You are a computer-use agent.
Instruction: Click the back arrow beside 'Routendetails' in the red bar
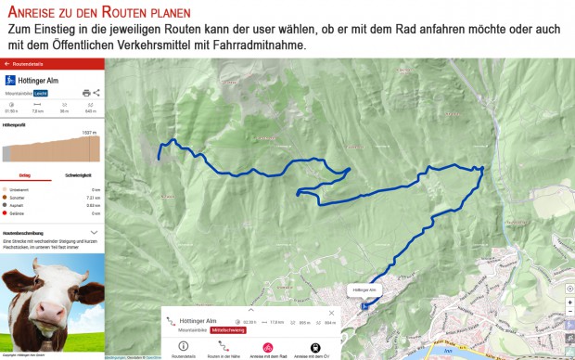(x=7, y=64)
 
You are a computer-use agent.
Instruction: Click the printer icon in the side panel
(x=86, y=93)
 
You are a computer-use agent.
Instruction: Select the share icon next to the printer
(x=96, y=93)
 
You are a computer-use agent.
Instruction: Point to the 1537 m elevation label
(x=89, y=133)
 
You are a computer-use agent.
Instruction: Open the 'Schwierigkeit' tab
(x=78, y=174)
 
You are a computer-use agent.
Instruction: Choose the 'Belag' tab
(x=25, y=174)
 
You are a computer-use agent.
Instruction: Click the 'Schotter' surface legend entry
(x=16, y=198)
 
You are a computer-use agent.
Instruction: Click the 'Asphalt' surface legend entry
(x=16, y=205)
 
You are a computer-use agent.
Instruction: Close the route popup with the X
(x=330, y=313)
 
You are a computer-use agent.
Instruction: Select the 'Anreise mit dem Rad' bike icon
(x=268, y=347)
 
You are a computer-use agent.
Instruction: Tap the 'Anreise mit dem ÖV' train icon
(x=314, y=347)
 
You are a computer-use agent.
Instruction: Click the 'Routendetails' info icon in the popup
(x=183, y=347)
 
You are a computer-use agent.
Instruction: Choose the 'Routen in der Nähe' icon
(x=224, y=347)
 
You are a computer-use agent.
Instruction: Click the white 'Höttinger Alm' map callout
(x=365, y=290)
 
